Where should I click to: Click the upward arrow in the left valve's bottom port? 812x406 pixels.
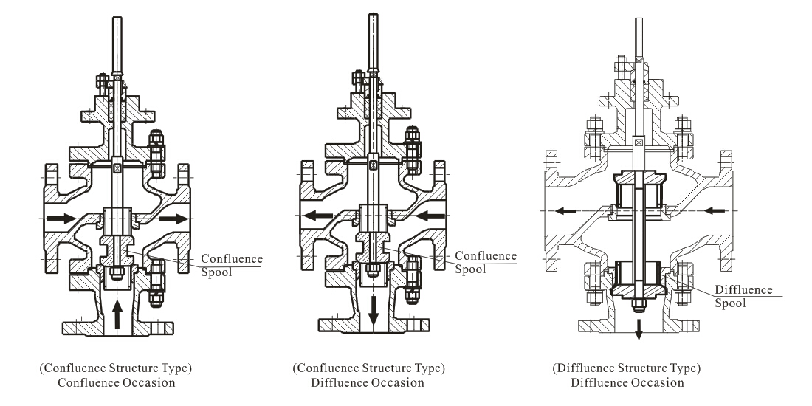click(117, 314)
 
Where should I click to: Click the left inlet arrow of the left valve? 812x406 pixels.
click(61, 219)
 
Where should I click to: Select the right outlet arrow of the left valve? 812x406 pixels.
click(173, 219)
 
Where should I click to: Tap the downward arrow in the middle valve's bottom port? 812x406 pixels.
click(373, 312)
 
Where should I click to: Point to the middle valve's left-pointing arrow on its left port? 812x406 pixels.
click(317, 215)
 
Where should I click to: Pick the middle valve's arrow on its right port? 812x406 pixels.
click(430, 215)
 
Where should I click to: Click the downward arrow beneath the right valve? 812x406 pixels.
click(639, 329)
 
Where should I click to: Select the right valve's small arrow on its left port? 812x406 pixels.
click(565, 211)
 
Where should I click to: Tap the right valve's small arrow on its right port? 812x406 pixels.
click(715, 211)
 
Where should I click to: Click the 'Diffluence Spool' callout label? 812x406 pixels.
click(743, 296)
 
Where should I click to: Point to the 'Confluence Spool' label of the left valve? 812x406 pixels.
click(232, 265)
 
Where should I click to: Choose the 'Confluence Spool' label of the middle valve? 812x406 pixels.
click(486, 262)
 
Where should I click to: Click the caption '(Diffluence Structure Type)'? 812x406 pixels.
click(626, 368)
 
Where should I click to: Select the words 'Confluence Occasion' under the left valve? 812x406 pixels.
click(117, 382)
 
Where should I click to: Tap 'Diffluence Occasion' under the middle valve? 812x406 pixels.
click(368, 382)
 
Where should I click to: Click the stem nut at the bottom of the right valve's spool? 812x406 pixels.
click(639, 306)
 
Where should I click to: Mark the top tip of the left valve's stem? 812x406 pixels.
click(117, 17)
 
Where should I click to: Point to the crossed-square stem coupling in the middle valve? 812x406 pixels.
click(373, 165)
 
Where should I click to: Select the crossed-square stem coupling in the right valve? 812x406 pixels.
click(639, 141)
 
